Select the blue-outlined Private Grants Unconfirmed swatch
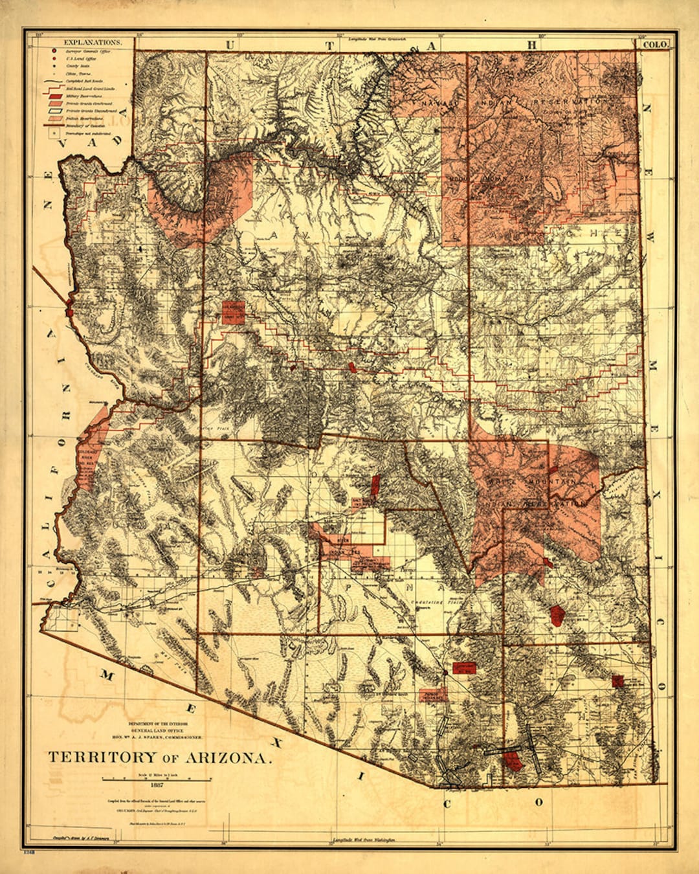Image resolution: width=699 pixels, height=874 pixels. (x=56, y=111)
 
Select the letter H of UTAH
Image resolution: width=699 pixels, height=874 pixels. (x=532, y=45)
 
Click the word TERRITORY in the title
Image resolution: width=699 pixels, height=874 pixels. (x=102, y=757)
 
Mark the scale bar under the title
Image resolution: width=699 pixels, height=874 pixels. (x=156, y=779)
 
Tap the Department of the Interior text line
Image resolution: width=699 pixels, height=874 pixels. (x=156, y=723)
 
